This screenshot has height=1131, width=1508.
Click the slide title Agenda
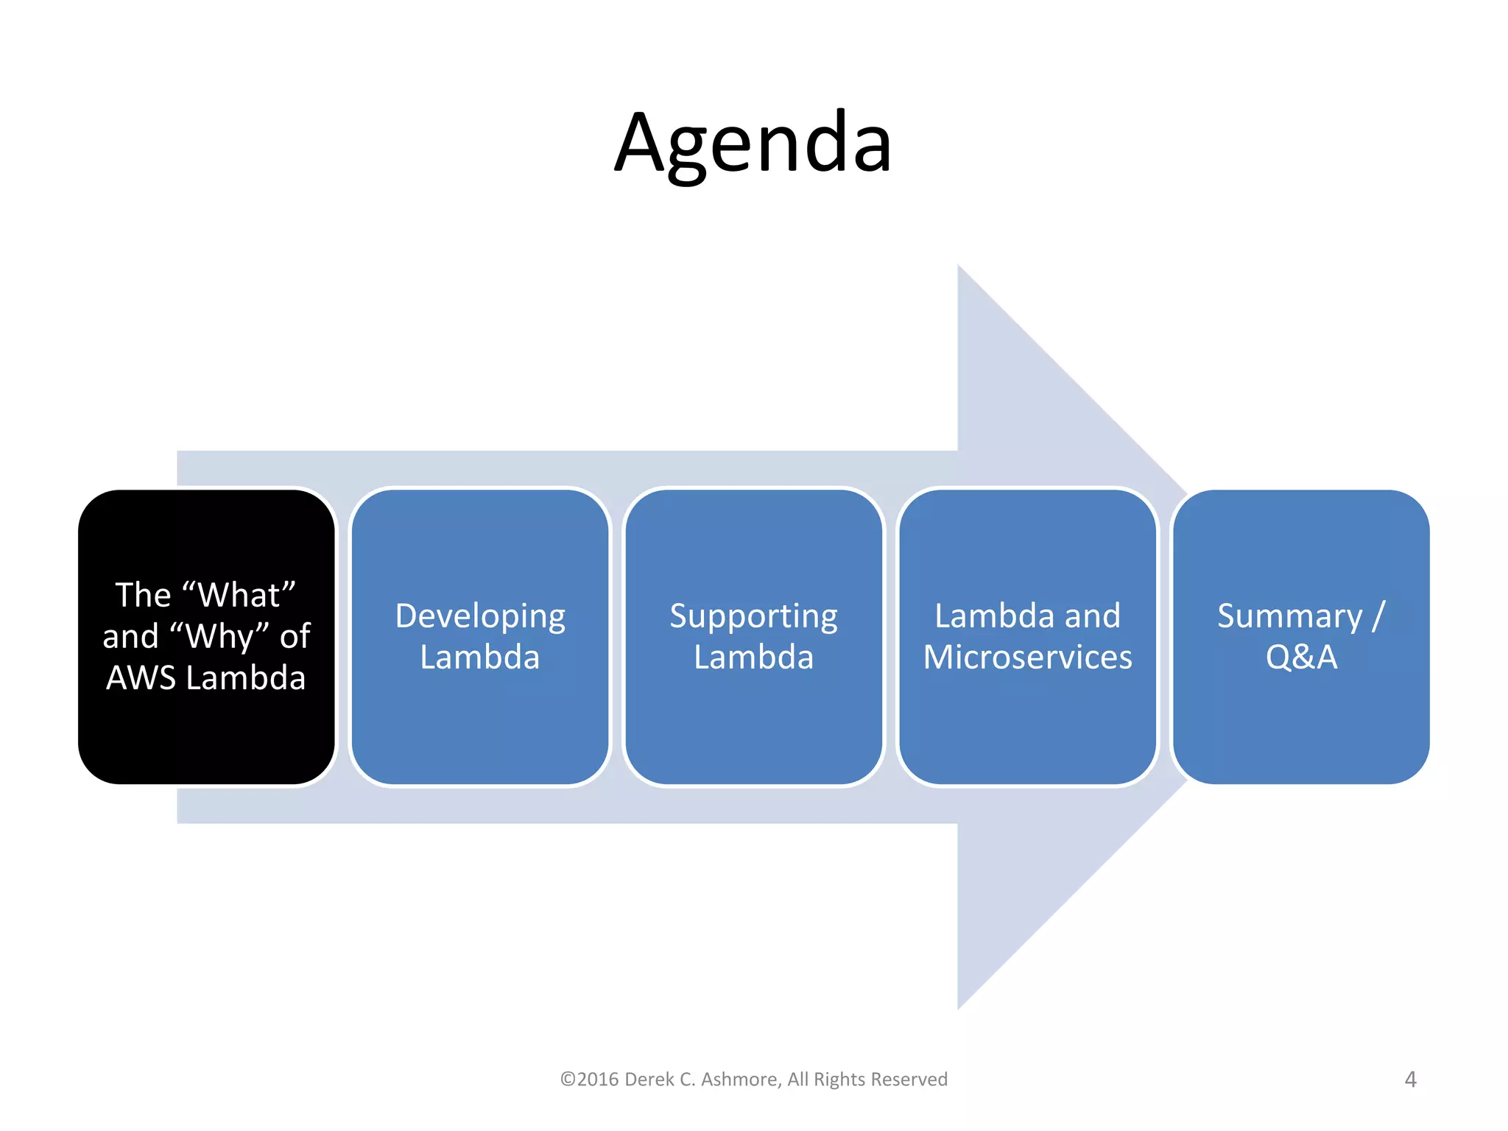753,144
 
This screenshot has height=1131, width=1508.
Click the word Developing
480,616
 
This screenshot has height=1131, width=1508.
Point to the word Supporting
753,616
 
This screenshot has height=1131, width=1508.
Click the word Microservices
1027,658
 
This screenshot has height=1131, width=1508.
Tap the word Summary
1289,616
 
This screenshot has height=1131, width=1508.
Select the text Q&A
1301,658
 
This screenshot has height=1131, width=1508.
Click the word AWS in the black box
141,678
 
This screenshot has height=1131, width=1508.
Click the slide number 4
1410,1079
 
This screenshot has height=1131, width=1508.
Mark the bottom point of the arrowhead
959,1007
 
